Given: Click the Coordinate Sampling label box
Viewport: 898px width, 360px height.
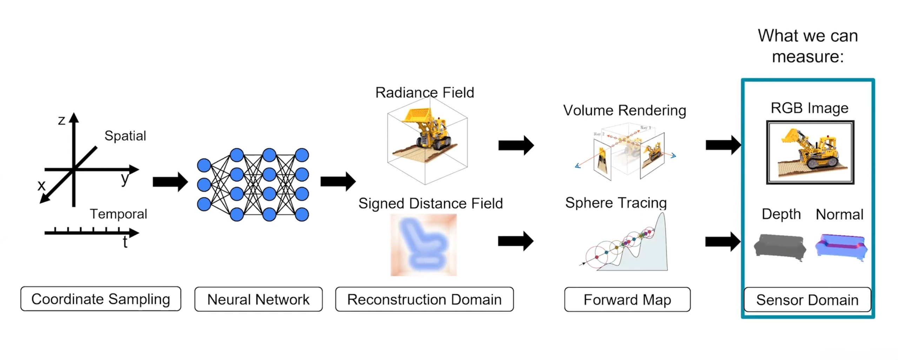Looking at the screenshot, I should (101, 299).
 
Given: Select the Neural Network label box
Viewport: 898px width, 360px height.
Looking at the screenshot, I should (258, 299).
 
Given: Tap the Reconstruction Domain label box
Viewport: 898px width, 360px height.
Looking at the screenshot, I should (424, 299).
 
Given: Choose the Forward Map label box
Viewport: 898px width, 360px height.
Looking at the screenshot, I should (627, 300).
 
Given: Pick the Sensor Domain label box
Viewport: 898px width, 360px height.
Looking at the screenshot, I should (807, 300).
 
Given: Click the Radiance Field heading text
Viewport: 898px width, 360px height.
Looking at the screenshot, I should (425, 93).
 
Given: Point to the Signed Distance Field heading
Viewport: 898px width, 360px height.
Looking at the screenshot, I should (431, 204).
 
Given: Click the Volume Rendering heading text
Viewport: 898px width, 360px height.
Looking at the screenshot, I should (625, 111).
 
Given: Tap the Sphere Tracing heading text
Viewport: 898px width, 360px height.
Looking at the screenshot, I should (616, 203).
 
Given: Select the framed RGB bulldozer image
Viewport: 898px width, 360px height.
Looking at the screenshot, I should (810, 152).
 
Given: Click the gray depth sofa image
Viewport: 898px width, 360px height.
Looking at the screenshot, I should (780, 247).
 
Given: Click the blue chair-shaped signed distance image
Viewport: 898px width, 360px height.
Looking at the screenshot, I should (424, 245).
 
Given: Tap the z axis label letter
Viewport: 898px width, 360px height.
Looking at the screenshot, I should (61, 120).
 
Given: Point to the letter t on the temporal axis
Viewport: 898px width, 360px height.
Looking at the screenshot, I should (125, 242).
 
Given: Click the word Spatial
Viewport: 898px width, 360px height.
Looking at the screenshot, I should (125, 136).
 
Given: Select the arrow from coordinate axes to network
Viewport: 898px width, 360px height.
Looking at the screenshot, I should (170, 182).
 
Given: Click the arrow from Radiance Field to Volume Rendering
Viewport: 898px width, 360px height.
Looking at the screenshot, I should (516, 145).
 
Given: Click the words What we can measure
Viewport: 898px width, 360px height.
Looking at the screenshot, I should (808, 46).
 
